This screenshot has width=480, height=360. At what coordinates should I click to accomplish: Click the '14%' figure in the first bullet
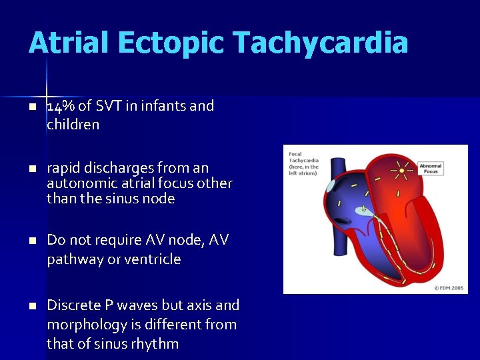[61, 105]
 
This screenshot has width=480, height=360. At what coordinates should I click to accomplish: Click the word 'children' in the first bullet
[73, 125]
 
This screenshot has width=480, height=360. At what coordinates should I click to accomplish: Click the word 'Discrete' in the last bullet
[73, 305]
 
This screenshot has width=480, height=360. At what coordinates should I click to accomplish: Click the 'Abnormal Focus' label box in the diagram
[431, 168]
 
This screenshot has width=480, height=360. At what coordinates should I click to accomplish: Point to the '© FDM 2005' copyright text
[449, 288]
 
